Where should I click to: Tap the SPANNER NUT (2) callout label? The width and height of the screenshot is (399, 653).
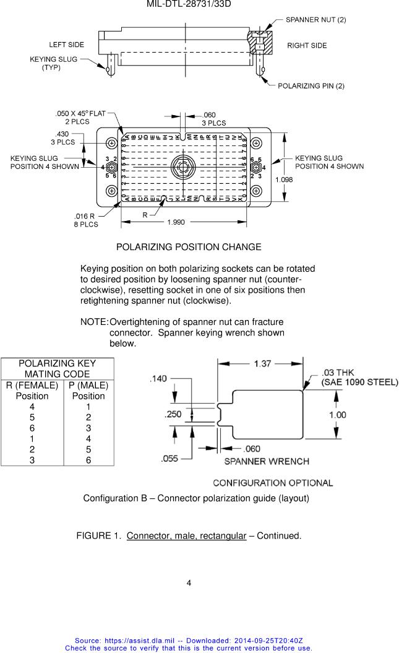click(315, 20)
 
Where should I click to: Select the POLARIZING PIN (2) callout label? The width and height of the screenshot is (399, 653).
click(311, 85)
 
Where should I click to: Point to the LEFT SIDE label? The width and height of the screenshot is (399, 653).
click(67, 45)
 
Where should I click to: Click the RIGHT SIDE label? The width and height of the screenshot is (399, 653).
click(307, 46)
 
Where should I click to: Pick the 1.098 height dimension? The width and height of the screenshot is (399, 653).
click(284, 179)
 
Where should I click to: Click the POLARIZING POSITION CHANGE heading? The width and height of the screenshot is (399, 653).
click(189, 247)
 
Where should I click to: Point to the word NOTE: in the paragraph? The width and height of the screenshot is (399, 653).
click(94, 322)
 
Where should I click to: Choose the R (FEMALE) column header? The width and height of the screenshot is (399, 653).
click(32, 385)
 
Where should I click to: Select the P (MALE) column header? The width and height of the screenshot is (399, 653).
click(88, 385)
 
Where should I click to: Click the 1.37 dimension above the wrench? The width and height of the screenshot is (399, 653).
click(262, 365)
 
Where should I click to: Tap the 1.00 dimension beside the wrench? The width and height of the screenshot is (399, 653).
click(337, 415)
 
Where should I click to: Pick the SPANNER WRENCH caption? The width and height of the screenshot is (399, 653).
click(267, 461)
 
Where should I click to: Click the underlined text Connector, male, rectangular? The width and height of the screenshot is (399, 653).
click(186, 535)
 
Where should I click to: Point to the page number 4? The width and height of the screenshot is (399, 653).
click(189, 583)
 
